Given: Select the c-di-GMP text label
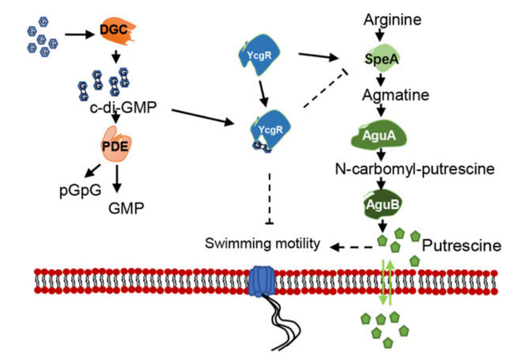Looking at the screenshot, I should [x=114, y=109].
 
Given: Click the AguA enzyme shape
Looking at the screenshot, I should [x=389, y=134].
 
